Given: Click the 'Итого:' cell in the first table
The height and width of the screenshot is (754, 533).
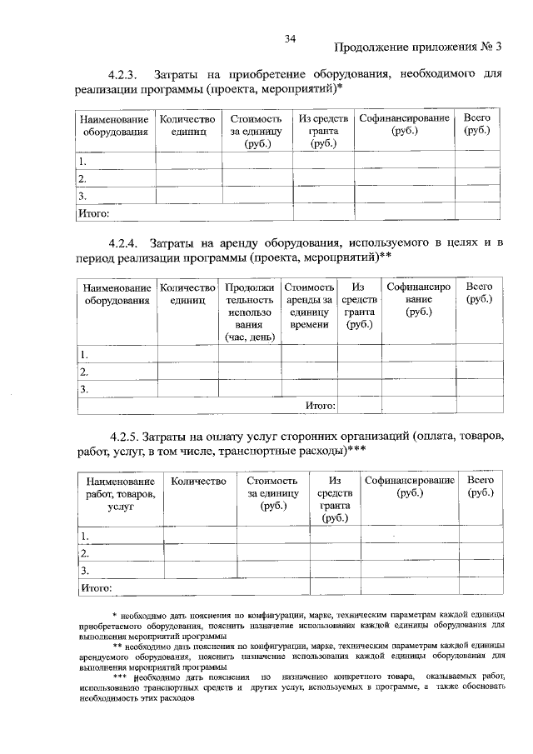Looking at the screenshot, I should (93, 213).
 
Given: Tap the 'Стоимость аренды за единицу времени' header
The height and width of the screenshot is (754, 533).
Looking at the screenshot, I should (309, 305).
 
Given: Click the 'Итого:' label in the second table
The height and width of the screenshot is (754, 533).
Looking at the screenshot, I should (321, 406).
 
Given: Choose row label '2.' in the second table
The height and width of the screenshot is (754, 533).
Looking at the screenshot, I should (84, 372).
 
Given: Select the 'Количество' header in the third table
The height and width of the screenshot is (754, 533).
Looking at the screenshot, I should (198, 482).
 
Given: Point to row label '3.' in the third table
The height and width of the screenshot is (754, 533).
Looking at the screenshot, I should (84, 571).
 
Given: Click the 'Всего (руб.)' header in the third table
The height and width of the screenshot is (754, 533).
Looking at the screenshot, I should (481, 487).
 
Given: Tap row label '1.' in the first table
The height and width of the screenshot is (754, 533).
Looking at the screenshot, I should (82, 161).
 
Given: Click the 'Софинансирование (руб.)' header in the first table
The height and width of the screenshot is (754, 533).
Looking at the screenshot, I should (405, 125).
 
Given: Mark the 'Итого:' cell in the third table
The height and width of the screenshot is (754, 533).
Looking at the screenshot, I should (96, 588).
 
